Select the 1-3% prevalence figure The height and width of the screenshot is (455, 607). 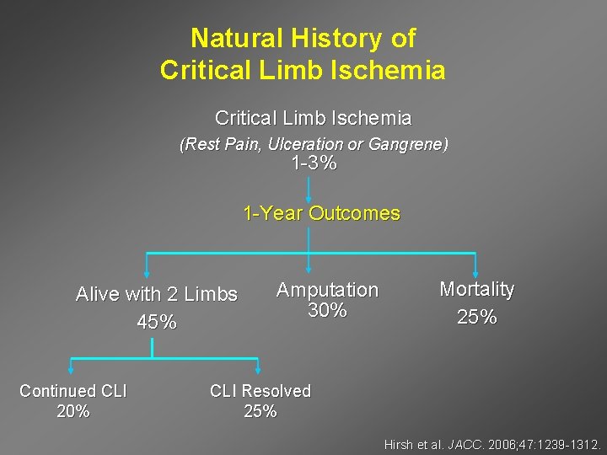(314, 163)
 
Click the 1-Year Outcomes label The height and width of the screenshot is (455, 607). (321, 213)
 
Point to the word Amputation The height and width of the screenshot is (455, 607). (327, 290)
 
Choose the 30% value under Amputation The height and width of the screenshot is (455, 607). (327, 311)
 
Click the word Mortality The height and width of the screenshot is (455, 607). (476, 289)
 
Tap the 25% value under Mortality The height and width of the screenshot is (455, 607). (476, 318)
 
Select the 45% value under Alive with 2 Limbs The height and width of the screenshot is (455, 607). (157, 322)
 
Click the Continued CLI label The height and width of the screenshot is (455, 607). (73, 391)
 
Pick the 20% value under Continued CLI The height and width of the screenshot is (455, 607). (73, 411)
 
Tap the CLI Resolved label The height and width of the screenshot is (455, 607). (260, 391)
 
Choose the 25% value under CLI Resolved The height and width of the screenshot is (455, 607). (260, 411)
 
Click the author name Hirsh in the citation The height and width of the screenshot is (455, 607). (400, 444)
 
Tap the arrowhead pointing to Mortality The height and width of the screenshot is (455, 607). (476, 270)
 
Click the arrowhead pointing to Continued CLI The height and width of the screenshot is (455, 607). (72, 372)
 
